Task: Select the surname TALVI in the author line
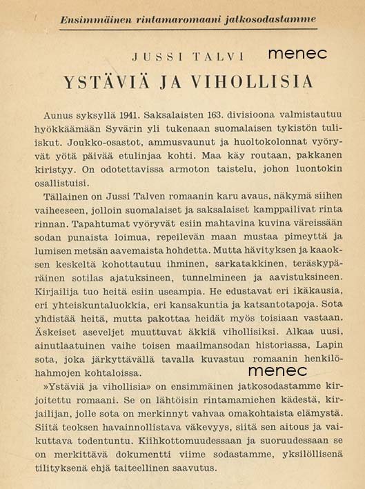coord(214,54)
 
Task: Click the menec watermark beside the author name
coord(297,53)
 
